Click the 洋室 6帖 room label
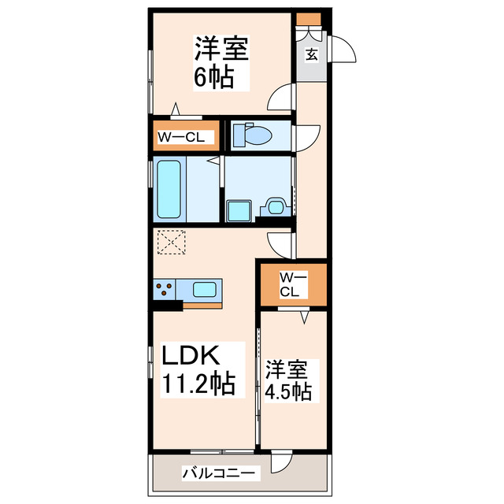pos(221,63)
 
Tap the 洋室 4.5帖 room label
pos(289,380)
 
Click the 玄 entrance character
pos(311,54)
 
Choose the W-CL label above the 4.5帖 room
pos(291,284)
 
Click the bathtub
pos(170,189)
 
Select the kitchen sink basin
pos(204,289)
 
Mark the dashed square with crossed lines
pos(171,243)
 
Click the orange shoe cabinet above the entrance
pos(309,19)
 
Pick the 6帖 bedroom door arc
pos(280,99)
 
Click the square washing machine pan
pos(237,210)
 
